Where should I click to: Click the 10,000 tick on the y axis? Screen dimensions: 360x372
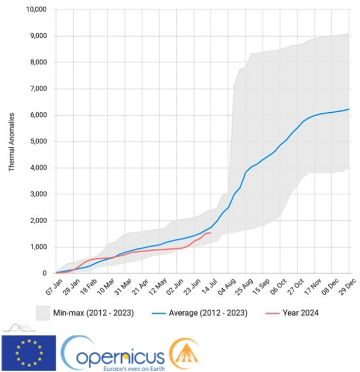37,10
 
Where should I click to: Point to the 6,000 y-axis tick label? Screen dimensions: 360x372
38,115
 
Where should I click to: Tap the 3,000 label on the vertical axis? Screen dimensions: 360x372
38,194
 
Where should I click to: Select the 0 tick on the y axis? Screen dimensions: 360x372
44,274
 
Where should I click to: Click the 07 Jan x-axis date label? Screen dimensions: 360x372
54,287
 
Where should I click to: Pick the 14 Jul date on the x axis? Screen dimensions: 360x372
209,287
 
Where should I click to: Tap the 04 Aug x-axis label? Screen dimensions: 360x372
227,287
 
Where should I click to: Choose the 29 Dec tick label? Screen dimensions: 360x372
347,287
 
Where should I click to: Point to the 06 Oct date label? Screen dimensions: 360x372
278,287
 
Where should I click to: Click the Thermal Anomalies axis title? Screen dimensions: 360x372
11,142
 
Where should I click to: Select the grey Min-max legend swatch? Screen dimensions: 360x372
43,313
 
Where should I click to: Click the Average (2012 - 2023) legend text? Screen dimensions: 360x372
208,313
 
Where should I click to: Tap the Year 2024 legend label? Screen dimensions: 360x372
301,313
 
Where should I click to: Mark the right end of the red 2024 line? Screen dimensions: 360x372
211,233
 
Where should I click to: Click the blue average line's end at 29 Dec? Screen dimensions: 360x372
349,109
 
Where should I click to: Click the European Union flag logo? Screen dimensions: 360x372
29,353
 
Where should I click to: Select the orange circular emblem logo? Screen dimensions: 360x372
184,353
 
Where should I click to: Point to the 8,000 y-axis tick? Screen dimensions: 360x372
38,62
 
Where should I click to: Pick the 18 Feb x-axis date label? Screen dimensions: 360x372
89,287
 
